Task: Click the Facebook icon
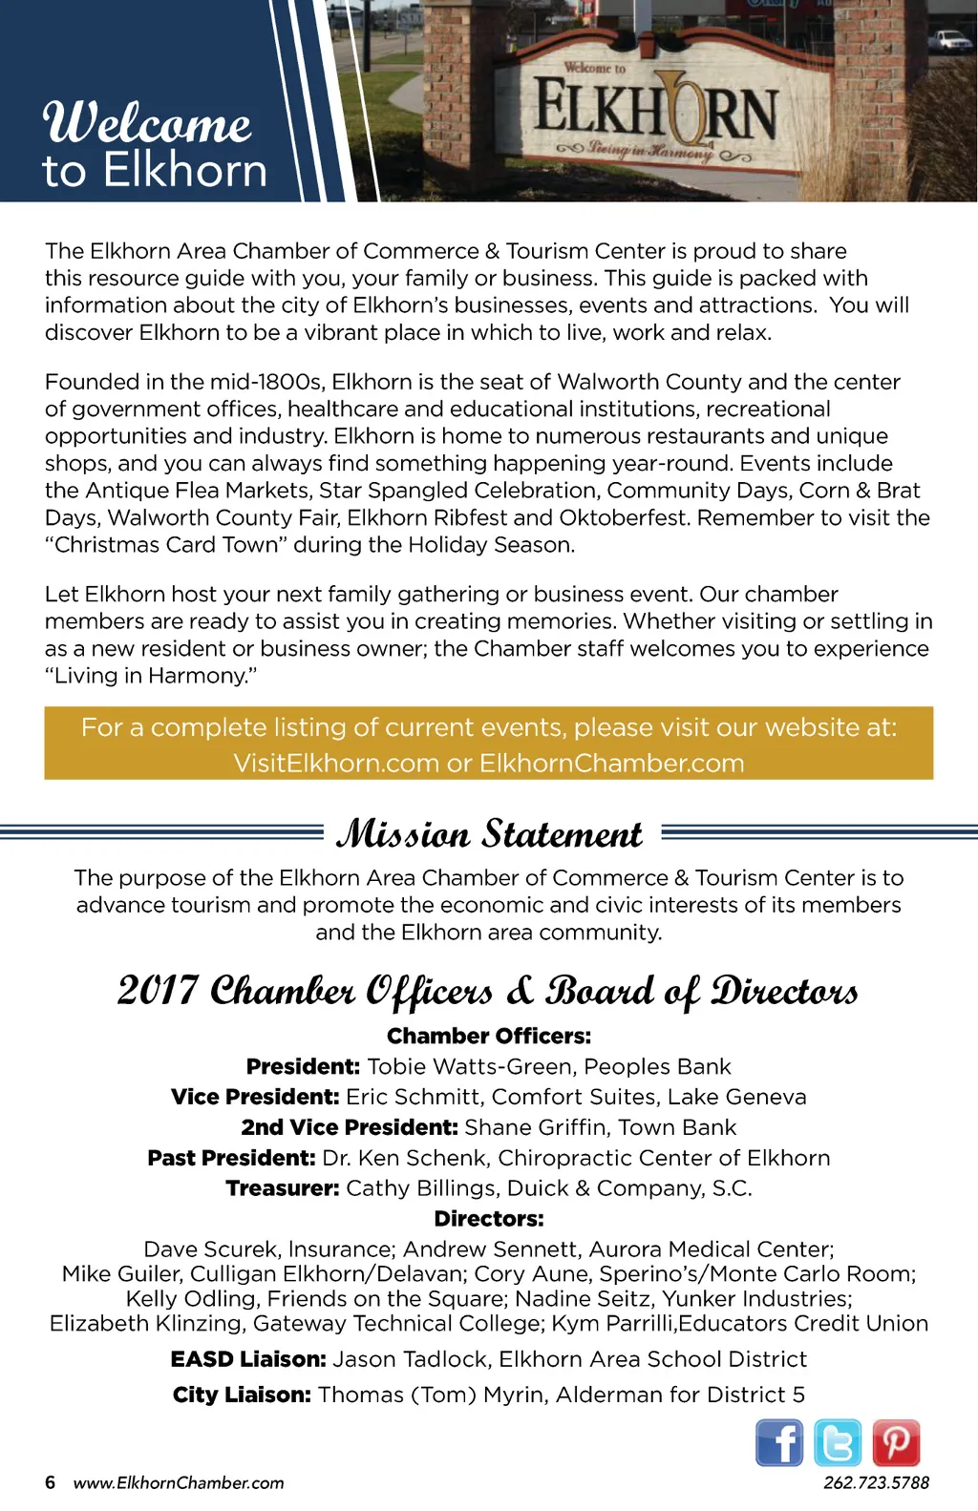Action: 779,1442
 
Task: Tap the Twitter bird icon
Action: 838,1442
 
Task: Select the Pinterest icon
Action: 896,1442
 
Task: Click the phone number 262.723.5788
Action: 876,1482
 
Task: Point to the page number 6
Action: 51,1482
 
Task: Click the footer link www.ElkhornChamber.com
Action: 179,1482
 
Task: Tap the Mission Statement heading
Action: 489,834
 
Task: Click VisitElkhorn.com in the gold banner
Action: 335,764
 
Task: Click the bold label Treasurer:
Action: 283,1188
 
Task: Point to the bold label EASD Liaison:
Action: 248,1359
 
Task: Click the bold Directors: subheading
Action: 489,1219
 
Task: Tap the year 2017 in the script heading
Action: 159,991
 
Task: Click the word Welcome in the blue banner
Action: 148,123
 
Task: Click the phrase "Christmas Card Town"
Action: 166,545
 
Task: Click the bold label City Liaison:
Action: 242,1395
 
